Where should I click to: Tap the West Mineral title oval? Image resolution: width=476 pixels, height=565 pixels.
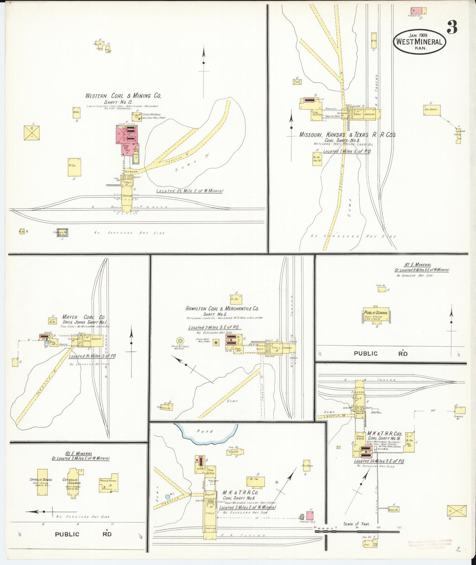coord(419,42)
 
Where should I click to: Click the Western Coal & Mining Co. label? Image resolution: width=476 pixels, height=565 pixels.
coord(123,96)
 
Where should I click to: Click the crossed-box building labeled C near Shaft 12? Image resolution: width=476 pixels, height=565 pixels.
coord(32,133)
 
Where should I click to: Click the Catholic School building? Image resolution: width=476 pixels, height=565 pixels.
coord(42,482)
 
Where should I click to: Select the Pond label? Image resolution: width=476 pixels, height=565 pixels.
coord(205,431)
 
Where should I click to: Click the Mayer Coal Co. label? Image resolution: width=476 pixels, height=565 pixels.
coord(83,317)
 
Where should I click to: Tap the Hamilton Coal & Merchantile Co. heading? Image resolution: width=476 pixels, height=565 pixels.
coord(222,309)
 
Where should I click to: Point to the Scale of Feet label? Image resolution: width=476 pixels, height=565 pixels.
coord(356,523)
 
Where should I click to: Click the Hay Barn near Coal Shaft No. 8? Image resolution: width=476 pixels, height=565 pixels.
coord(432,110)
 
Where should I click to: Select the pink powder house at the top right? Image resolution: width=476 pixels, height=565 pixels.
coord(417,11)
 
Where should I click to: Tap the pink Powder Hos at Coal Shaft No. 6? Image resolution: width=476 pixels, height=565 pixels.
coord(310,516)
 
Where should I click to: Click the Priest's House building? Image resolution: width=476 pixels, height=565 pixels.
coord(109,484)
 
